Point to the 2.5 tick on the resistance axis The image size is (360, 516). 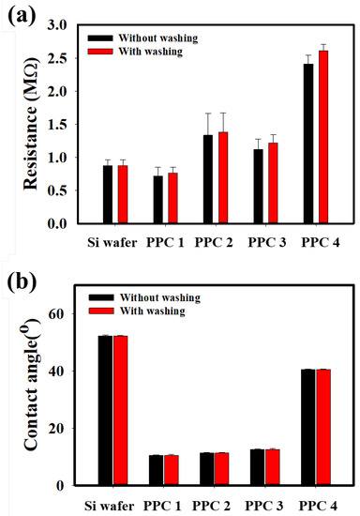(x=67, y=58)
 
